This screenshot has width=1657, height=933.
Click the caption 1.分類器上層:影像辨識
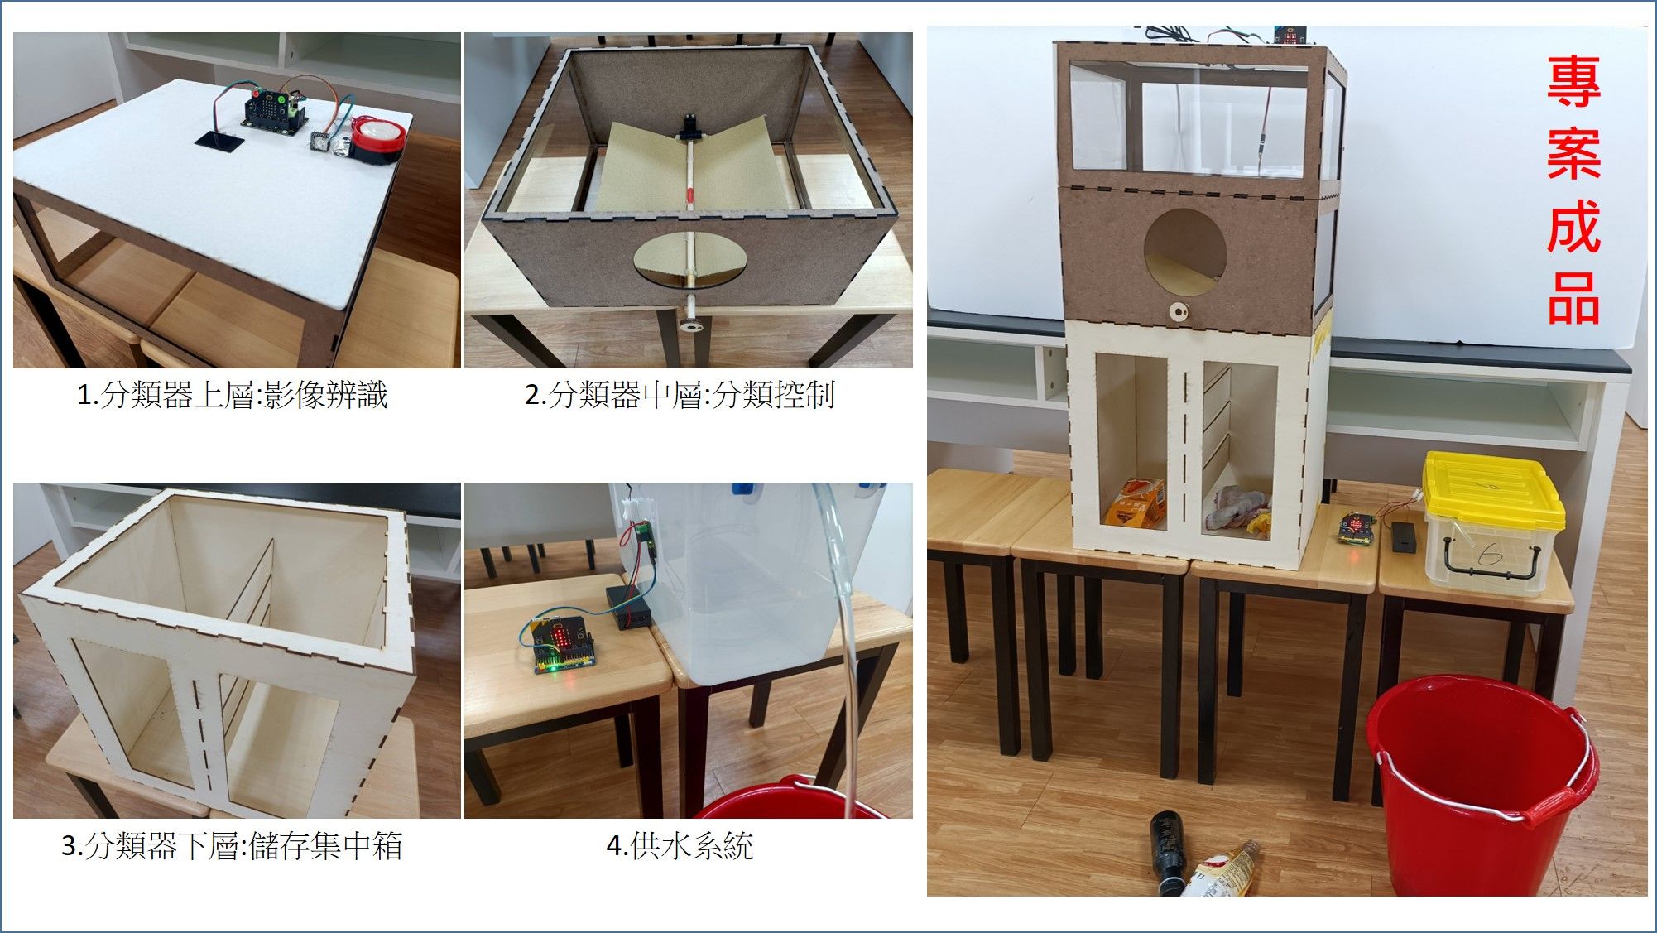(x=232, y=395)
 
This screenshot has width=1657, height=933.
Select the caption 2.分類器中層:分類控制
(x=680, y=395)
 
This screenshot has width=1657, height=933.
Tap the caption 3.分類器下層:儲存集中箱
(x=232, y=845)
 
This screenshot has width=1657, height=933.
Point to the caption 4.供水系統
(x=680, y=845)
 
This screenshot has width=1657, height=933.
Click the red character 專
(x=1573, y=82)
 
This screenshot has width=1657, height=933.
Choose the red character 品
(x=1573, y=298)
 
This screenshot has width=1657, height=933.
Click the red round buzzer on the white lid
(x=377, y=138)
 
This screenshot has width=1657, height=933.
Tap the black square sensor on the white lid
(x=220, y=141)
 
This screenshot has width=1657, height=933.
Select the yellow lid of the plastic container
(x=1491, y=490)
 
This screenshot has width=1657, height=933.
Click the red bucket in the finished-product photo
(x=1482, y=782)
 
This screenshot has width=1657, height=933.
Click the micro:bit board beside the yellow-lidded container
(x=1357, y=528)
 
